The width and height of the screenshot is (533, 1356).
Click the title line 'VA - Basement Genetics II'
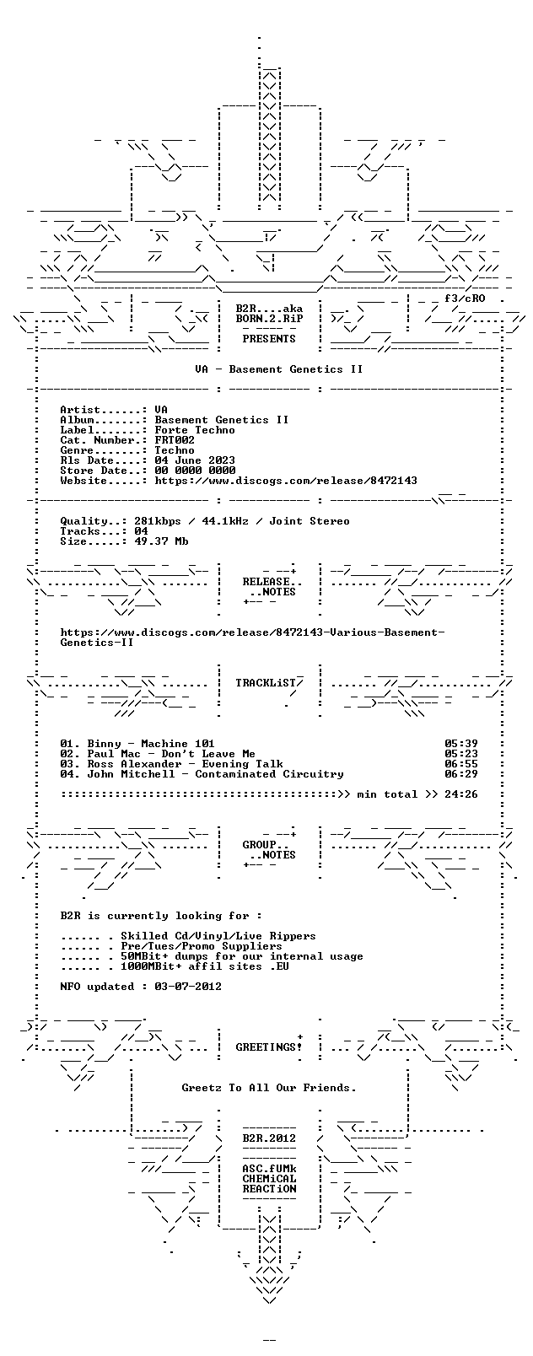279,369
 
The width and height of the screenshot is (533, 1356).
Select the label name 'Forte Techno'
195,430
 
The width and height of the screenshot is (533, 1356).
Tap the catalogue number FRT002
175,440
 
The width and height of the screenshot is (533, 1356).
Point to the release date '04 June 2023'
195,460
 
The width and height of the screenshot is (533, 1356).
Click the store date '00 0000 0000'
195,471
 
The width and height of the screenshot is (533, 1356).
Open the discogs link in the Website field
286,481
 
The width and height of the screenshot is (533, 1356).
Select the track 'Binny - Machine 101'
151,744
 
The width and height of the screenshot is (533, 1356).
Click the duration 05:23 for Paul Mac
461,754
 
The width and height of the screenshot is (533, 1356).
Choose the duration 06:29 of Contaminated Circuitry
461,774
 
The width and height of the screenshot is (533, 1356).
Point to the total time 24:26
461,794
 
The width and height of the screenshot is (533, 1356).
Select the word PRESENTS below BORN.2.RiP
269,339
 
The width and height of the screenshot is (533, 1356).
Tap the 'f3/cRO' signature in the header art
465,299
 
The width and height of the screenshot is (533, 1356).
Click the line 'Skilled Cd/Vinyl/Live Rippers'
218,936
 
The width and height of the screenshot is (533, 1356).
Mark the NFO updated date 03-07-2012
188,986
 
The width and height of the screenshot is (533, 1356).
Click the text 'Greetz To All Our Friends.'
269,1088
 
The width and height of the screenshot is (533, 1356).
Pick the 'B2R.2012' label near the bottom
269,1138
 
